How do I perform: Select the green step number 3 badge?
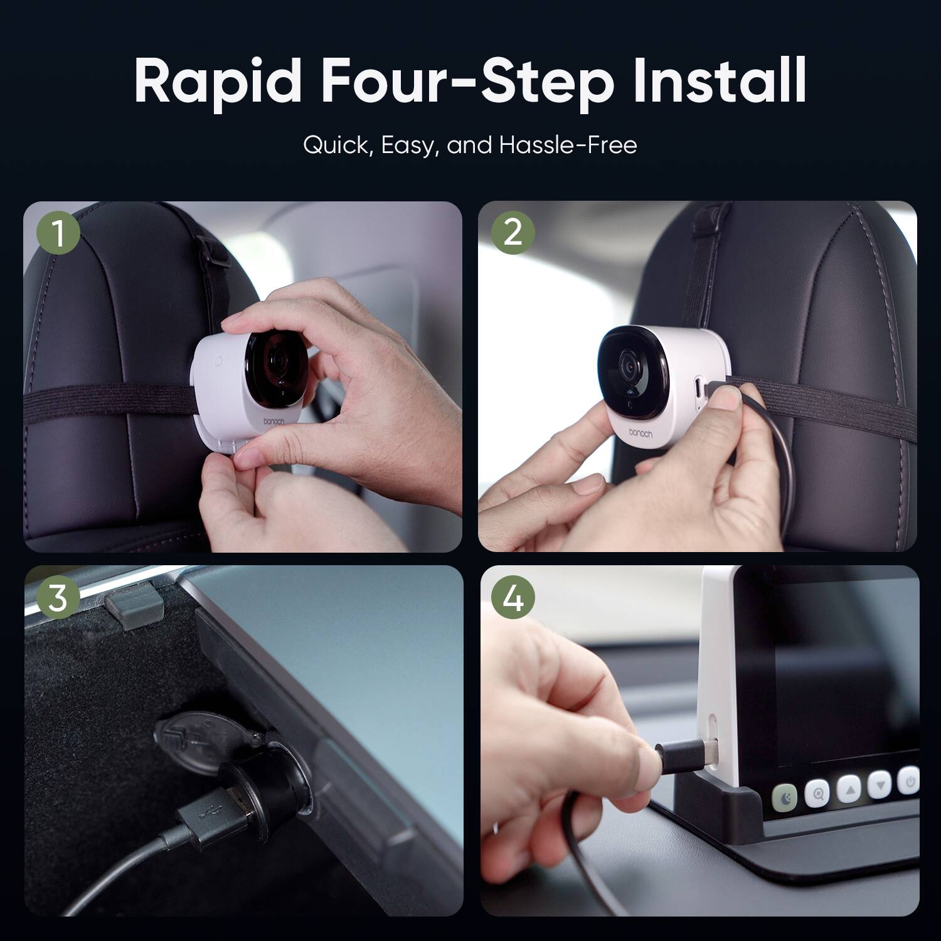[x=58, y=598]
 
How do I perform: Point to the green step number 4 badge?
[x=513, y=598]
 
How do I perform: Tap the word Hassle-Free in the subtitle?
[x=568, y=145]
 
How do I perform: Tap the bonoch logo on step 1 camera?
[x=274, y=422]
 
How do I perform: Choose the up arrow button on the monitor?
[x=849, y=788]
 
